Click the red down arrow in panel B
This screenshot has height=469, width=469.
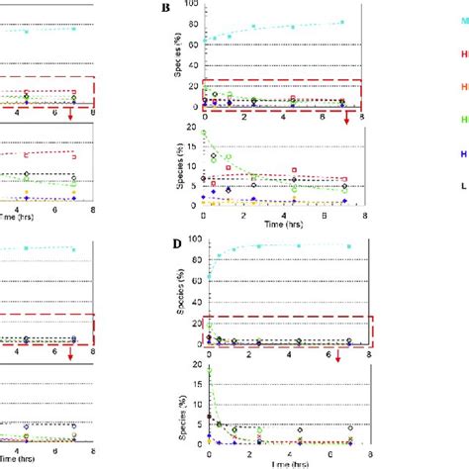coord(347,117)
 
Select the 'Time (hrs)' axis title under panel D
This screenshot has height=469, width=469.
coord(287,462)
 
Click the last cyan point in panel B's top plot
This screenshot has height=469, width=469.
coord(342,22)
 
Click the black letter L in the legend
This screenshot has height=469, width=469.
coord(464,185)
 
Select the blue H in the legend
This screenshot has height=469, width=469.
coord(464,153)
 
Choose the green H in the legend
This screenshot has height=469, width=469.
coord(464,120)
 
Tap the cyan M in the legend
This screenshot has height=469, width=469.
coord(463,22)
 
